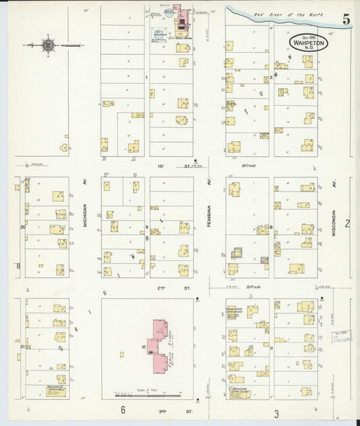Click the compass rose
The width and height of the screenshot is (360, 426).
tap(48, 45)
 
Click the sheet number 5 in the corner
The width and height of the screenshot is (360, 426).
tap(346, 20)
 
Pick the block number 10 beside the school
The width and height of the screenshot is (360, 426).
tap(143, 348)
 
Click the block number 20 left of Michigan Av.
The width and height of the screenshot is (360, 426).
tap(22, 227)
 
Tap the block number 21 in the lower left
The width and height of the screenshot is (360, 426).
tap(22, 346)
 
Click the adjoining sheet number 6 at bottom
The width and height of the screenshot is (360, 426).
tap(123, 410)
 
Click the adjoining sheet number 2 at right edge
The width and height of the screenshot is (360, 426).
tap(347, 223)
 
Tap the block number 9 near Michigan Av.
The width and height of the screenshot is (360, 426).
tap(147, 227)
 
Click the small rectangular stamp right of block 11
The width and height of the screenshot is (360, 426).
tap(342, 334)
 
